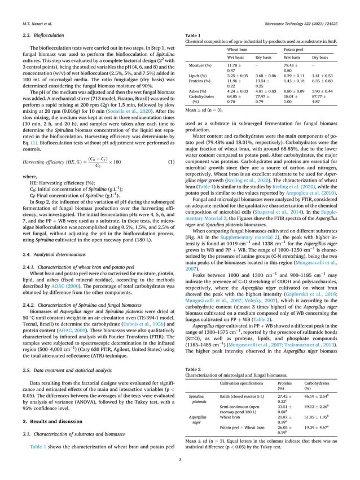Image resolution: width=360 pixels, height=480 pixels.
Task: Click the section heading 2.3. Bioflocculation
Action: pos(38,36)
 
